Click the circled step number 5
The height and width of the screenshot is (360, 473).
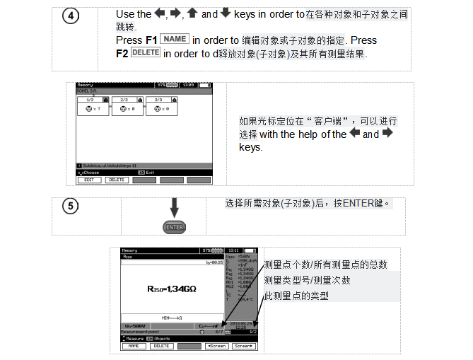[x=70, y=207]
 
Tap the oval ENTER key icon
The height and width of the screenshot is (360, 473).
[x=174, y=227]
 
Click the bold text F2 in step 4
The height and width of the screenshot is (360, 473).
[x=122, y=54]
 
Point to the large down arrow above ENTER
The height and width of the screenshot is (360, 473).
[x=174, y=208]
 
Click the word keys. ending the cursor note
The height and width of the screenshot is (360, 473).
[x=250, y=147]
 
